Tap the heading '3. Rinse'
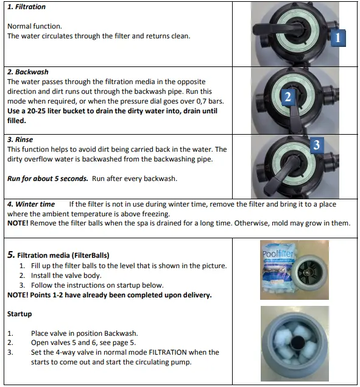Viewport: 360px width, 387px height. [x=20, y=140]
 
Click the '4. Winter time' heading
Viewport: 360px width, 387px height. [x=30, y=204]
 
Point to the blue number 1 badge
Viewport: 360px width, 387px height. [x=338, y=38]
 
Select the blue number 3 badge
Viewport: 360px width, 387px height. [x=317, y=145]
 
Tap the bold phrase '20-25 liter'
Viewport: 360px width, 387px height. [x=51, y=111]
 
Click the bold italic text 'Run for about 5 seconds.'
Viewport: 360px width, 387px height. [x=48, y=179]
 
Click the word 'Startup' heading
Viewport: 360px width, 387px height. [x=19, y=314]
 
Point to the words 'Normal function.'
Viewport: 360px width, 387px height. [x=34, y=26]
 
